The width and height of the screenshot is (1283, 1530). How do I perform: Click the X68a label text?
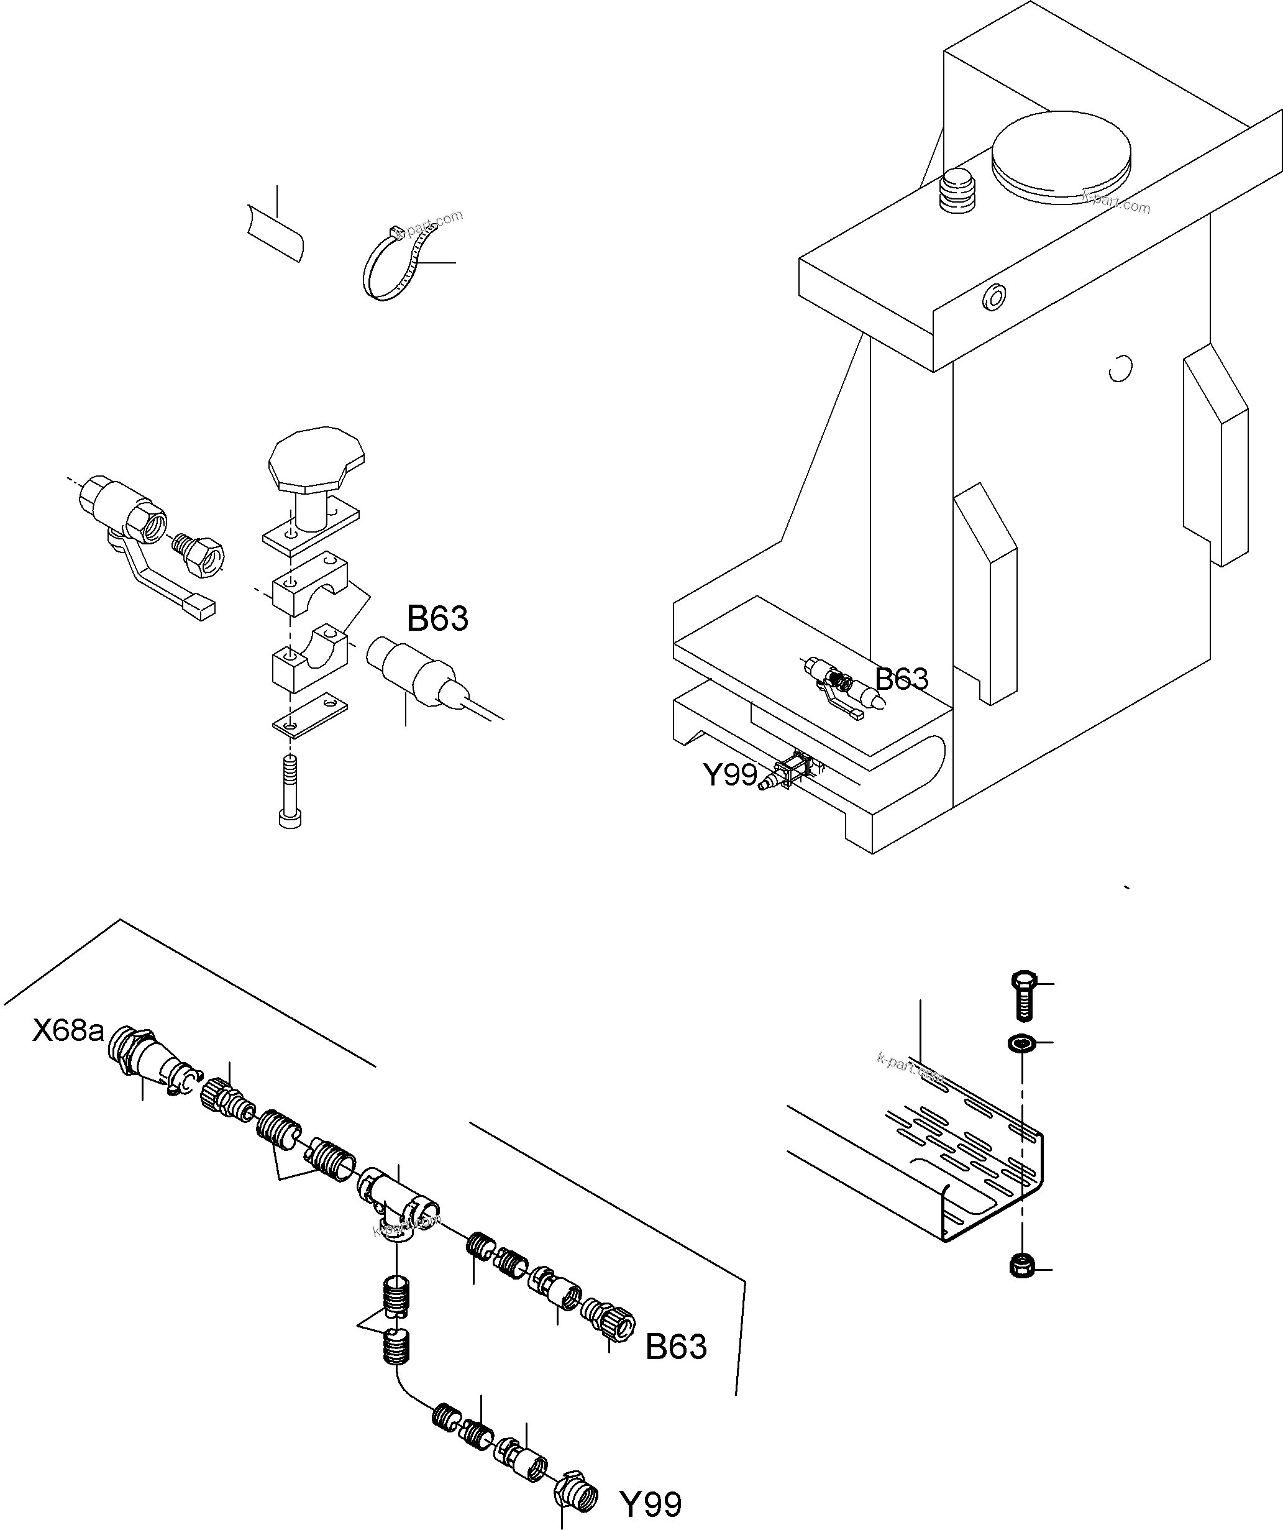point(68,1031)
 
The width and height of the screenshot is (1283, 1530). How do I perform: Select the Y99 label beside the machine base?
point(730,774)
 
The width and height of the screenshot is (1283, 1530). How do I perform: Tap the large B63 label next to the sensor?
point(437,618)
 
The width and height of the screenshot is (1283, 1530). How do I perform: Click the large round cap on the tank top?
point(1062,156)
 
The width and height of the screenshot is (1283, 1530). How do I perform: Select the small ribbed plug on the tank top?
point(957,190)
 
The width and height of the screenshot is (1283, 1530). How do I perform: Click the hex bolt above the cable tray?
point(1024,995)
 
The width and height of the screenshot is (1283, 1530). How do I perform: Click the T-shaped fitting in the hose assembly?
point(397,1199)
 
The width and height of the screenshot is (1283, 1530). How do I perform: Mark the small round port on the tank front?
point(993,296)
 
